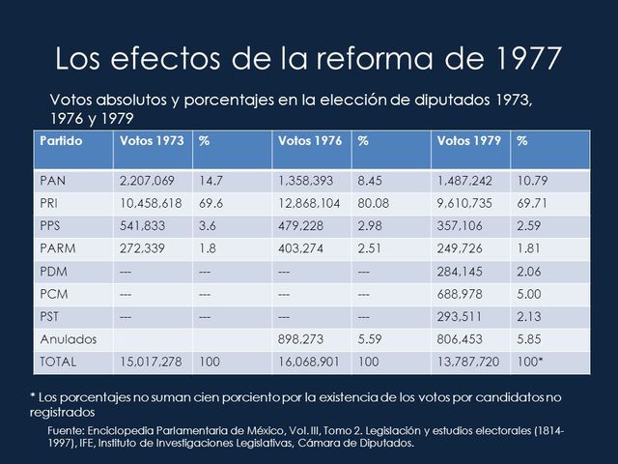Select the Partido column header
pos(62,141)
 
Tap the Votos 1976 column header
pos(309,141)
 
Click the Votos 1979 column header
pos(468,141)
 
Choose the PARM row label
pos(59,248)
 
